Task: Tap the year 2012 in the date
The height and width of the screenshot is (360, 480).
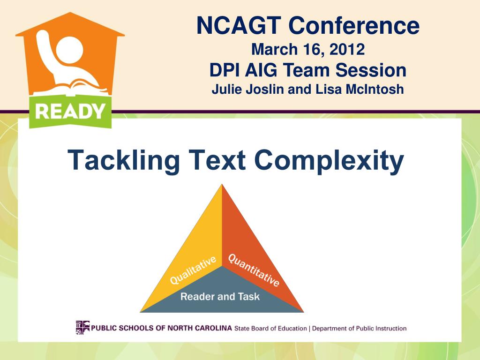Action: point(346,49)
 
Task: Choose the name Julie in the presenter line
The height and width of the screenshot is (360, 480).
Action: point(227,89)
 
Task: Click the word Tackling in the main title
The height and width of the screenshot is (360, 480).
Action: point(124,161)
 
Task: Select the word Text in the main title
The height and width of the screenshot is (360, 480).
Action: point(217,161)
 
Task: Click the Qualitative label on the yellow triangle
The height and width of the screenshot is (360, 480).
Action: point(193,270)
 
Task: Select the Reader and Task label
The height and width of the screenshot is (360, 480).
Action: point(220,297)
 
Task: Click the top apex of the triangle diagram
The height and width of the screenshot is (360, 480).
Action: point(222,185)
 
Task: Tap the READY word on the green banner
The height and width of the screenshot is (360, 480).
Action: point(70,112)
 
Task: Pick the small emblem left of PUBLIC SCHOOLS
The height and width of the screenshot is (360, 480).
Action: point(82,327)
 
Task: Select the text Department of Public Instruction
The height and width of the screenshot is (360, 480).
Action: point(359,329)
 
